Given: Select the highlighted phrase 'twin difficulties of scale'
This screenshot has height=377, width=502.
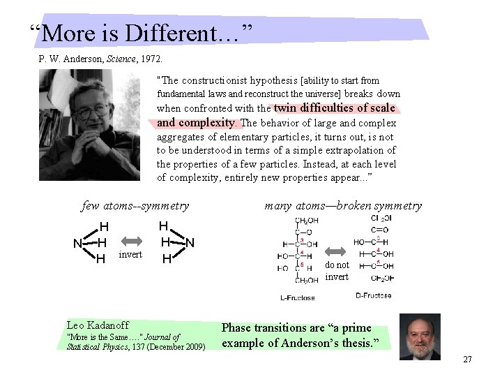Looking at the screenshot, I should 335,108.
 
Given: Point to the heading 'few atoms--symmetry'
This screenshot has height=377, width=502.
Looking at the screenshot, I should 135,205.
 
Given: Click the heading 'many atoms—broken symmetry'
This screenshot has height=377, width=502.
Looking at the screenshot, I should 343,205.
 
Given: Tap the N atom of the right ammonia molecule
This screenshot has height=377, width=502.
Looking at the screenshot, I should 189,242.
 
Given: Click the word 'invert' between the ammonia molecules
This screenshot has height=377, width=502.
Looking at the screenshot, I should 130,254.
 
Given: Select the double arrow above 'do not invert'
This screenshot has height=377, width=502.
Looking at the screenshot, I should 337,251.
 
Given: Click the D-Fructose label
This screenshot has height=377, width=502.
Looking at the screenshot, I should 373,296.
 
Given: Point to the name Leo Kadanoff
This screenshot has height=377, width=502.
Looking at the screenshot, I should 97,325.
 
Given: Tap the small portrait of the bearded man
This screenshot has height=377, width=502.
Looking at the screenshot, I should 420,336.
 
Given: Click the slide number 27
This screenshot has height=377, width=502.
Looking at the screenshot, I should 467,359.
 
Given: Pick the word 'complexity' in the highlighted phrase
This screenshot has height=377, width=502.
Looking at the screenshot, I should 210,122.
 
